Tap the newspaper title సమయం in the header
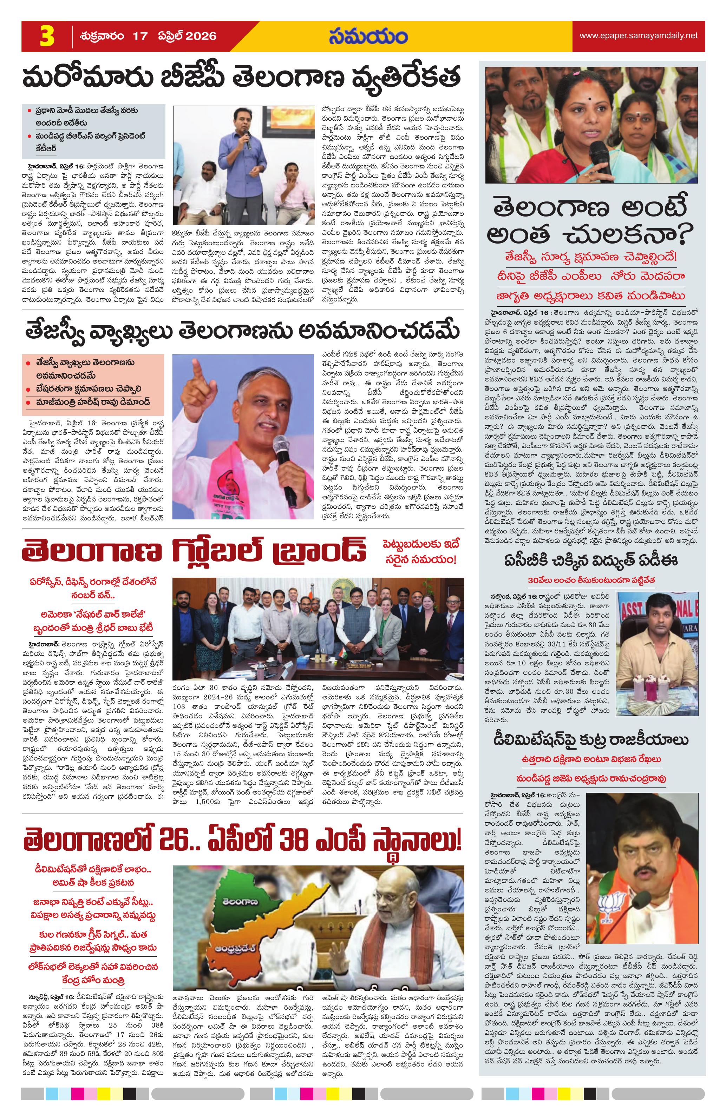pyautogui.click(x=367, y=37)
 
